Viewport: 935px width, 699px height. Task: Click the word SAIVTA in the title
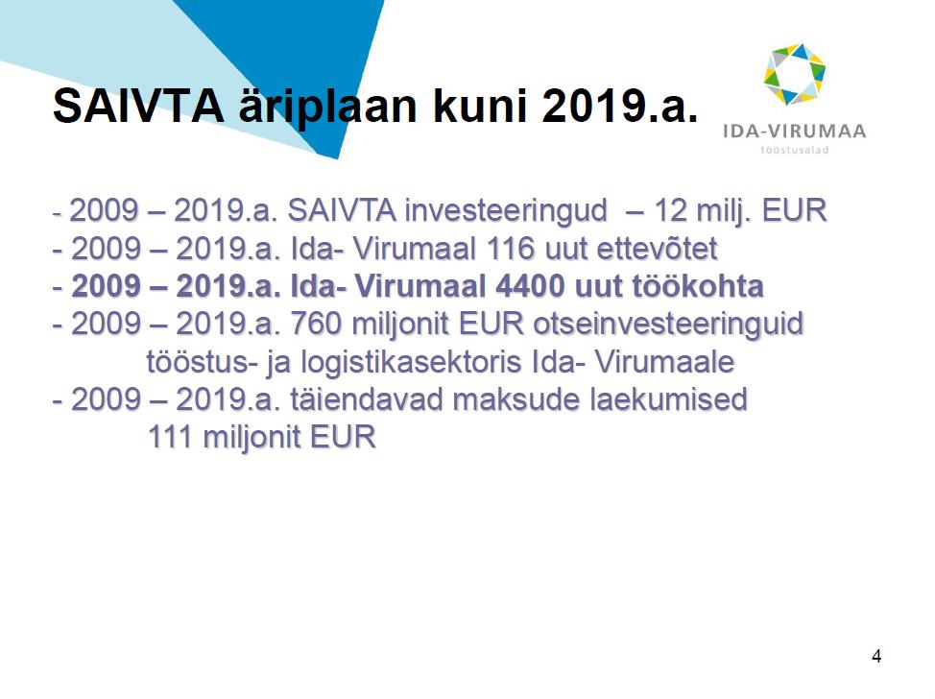tap(138, 107)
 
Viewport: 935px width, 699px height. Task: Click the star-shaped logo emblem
tap(794, 74)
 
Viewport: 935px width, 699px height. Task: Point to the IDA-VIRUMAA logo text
tap(794, 132)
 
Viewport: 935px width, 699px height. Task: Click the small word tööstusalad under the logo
tap(794, 150)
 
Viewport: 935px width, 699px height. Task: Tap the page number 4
tap(876, 656)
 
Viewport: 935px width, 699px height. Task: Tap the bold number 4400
tap(530, 286)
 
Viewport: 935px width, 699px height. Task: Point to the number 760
tap(316, 324)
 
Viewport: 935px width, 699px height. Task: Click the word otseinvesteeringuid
tap(668, 325)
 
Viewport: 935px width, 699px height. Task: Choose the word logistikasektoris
tap(411, 363)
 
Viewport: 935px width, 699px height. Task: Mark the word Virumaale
tap(664, 361)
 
